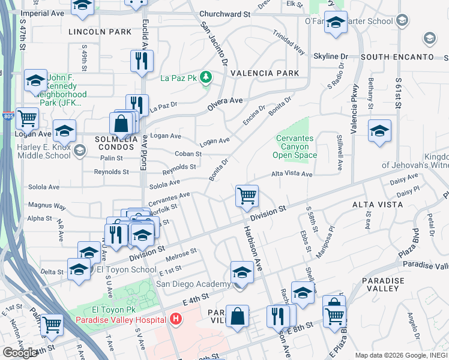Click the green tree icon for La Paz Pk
[206, 77]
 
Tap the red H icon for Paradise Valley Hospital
[175, 319]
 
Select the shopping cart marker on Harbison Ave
[247, 196]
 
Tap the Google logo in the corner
[20, 352]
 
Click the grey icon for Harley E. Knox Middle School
[80, 150]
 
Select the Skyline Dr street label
[331, 56]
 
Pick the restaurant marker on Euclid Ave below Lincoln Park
[142, 61]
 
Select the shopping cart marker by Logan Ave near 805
[27, 119]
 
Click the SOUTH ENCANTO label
[397, 57]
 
